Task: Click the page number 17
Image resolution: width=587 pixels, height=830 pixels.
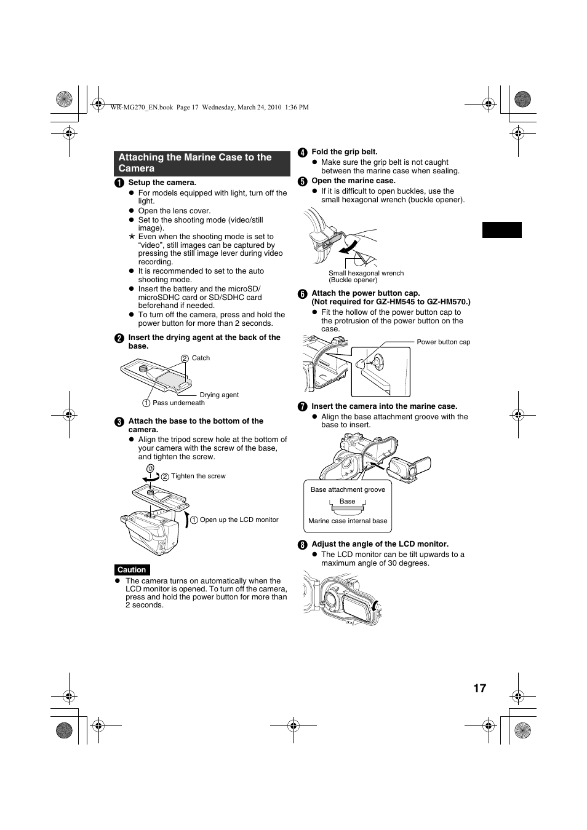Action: tap(479, 689)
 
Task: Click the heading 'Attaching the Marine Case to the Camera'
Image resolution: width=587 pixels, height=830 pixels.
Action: tap(195, 163)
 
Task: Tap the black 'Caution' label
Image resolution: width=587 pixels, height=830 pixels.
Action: tap(132, 570)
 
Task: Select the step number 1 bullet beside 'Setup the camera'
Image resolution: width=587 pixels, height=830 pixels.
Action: tap(119, 183)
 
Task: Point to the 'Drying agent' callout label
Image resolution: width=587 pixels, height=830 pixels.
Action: tap(219, 395)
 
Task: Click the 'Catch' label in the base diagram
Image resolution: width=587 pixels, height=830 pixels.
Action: tap(201, 358)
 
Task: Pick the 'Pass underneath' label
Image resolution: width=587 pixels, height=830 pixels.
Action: tap(178, 403)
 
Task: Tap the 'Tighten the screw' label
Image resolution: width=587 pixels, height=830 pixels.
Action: tap(198, 476)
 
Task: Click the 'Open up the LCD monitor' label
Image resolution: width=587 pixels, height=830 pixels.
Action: tap(239, 520)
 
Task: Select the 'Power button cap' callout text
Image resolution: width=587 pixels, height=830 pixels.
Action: tap(443, 342)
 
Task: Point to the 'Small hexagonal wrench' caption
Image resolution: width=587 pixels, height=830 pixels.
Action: tap(366, 273)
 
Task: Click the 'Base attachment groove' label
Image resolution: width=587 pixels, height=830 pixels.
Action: tap(348, 489)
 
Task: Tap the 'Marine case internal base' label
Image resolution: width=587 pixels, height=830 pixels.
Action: tap(348, 521)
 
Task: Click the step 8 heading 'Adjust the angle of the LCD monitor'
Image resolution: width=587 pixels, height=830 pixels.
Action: tap(380, 543)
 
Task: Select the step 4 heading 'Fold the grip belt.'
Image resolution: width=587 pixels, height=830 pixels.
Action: tap(345, 152)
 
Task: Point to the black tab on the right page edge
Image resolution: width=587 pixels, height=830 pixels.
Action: tap(501, 229)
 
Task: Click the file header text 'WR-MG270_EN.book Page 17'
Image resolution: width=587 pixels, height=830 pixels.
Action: tap(154, 107)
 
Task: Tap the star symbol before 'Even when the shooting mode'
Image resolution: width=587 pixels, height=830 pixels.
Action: tap(132, 237)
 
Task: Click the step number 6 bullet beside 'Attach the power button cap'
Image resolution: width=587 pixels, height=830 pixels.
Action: tap(303, 294)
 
